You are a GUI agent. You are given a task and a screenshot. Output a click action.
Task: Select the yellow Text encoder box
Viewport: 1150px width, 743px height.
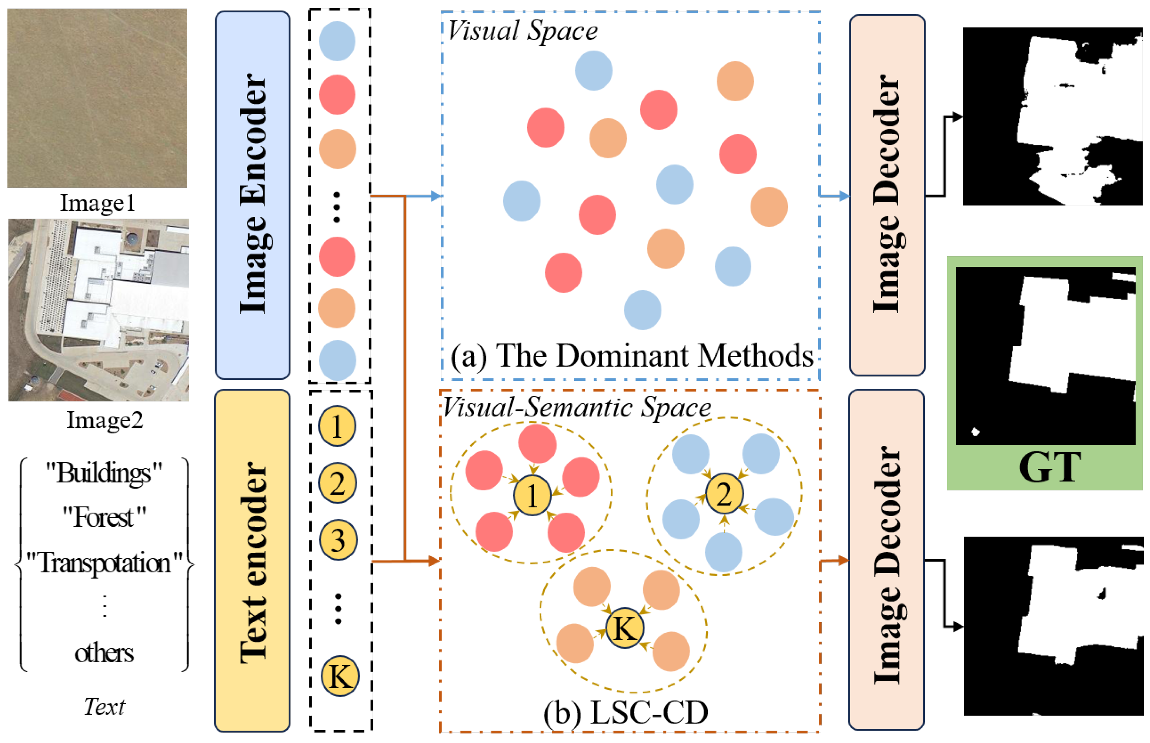252,561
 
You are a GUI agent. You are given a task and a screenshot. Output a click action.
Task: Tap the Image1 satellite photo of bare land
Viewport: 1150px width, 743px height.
97,98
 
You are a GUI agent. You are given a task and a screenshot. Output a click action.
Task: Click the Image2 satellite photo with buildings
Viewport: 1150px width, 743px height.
98,310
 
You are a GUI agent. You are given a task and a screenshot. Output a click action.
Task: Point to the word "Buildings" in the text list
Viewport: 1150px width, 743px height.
104,473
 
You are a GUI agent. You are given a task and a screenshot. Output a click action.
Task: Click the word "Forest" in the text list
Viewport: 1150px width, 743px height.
104,518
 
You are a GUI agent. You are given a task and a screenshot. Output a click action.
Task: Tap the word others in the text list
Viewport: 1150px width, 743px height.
104,653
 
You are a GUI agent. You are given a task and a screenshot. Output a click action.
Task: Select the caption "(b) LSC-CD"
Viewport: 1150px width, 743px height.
626,713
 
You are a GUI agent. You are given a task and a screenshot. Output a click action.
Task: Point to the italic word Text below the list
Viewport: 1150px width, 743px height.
104,707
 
